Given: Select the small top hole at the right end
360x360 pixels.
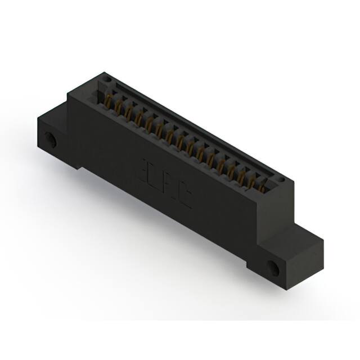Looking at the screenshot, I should (x=281, y=181).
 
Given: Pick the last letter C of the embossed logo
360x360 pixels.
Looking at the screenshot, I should (x=184, y=199).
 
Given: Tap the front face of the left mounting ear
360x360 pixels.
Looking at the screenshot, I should (x=53, y=141).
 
